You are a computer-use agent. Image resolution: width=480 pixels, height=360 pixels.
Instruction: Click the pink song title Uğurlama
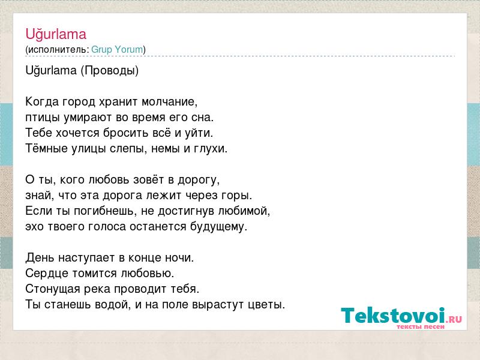pos(56,34)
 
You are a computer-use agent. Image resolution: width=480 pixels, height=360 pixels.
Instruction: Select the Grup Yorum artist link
pos(117,49)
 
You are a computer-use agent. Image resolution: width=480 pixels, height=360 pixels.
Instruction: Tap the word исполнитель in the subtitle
pos(57,50)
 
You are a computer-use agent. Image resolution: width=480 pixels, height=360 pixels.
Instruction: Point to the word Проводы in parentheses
pos(110,71)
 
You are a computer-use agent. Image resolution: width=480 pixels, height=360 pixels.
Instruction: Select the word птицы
pos(43,118)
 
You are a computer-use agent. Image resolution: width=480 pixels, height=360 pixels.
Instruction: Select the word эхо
pos(34,227)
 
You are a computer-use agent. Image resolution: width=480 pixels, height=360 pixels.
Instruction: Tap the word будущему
pos(218,227)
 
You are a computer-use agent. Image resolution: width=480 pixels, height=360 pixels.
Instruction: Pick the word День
pos(40,258)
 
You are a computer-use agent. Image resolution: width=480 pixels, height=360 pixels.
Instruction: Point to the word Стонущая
pos(53,289)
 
